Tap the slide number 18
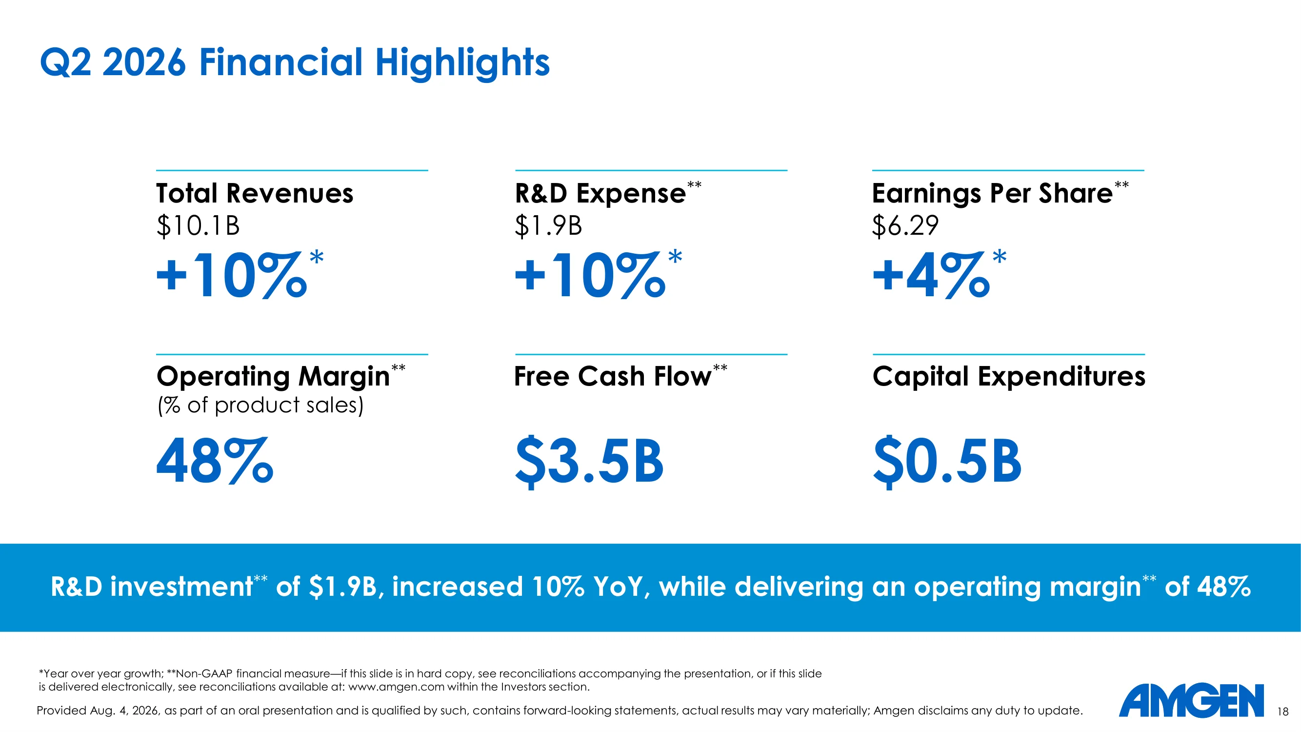(1283, 712)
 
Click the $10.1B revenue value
(198, 225)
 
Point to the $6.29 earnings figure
(905, 225)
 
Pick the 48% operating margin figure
(215, 461)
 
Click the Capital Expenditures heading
(1009, 377)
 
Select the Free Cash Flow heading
(613, 376)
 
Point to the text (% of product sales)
(260, 405)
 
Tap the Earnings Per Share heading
(992, 194)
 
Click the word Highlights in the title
(462, 62)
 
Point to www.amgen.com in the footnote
(397, 687)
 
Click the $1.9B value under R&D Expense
(548, 225)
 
